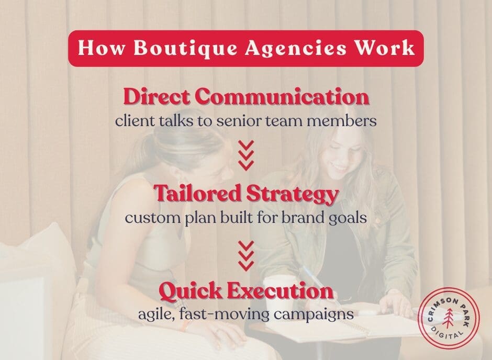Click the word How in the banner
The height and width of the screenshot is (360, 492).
click(100, 48)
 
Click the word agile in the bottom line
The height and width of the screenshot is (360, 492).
click(152, 315)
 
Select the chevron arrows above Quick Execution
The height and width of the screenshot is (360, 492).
click(245, 255)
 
